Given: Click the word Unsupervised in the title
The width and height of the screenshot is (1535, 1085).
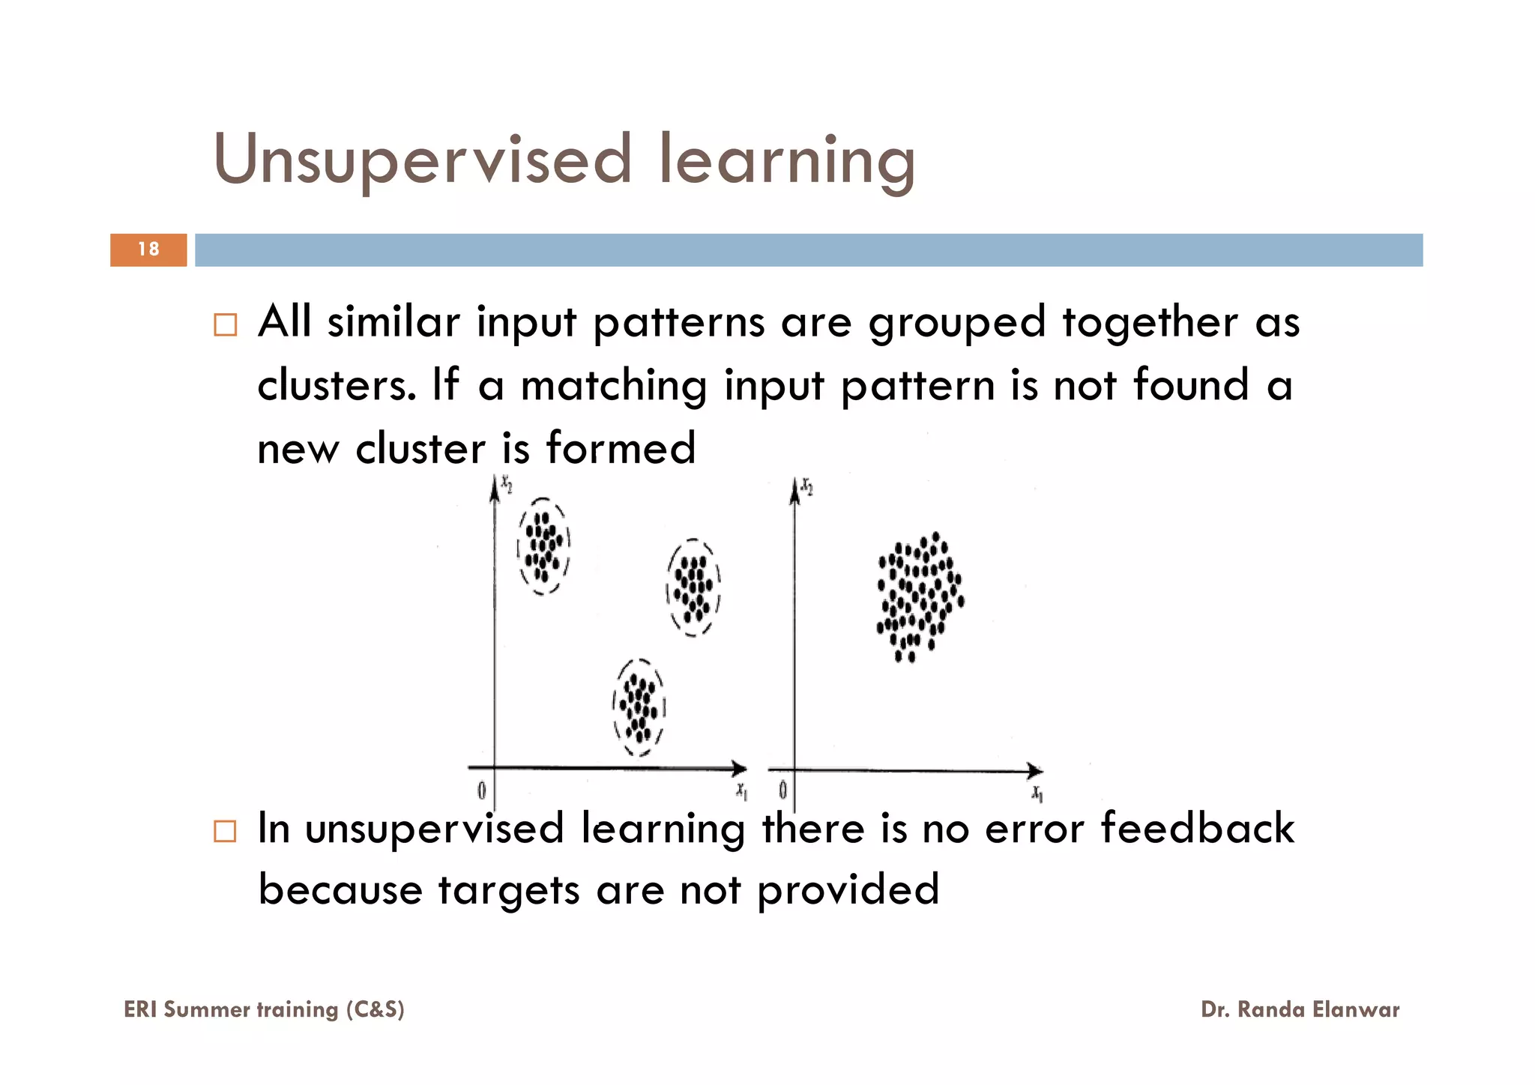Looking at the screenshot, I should coord(423,160).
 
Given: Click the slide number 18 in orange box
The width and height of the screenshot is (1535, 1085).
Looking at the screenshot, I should coord(148,250).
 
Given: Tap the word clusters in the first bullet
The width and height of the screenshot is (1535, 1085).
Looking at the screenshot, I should coord(337,385).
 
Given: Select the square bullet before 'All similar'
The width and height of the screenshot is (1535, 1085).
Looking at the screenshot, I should coord(225,325).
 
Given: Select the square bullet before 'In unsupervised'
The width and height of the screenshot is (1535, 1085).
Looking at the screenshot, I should coord(225,831).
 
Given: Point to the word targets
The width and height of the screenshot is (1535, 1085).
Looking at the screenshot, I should coord(509,891).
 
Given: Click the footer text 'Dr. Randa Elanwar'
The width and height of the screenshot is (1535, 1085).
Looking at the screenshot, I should coord(1300,1009).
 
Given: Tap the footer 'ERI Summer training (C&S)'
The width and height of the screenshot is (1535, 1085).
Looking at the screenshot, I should coord(264,1009).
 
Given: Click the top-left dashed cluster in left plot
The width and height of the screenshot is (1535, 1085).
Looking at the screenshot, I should coord(543,546).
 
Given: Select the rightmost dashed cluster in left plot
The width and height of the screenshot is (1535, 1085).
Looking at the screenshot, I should coord(693,587).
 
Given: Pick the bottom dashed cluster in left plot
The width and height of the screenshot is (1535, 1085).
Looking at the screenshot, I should coord(639,707).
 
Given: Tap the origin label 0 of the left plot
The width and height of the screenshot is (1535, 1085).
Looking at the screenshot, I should coord(481,790).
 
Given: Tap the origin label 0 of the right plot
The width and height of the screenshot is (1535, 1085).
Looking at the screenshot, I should coord(782,790).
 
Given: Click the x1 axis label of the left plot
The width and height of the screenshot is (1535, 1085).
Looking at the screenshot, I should coord(741,791).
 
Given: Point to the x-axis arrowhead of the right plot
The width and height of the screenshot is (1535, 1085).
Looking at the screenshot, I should coord(1034,770).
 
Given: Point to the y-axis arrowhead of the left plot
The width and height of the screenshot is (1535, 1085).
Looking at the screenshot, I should coord(494,488).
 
